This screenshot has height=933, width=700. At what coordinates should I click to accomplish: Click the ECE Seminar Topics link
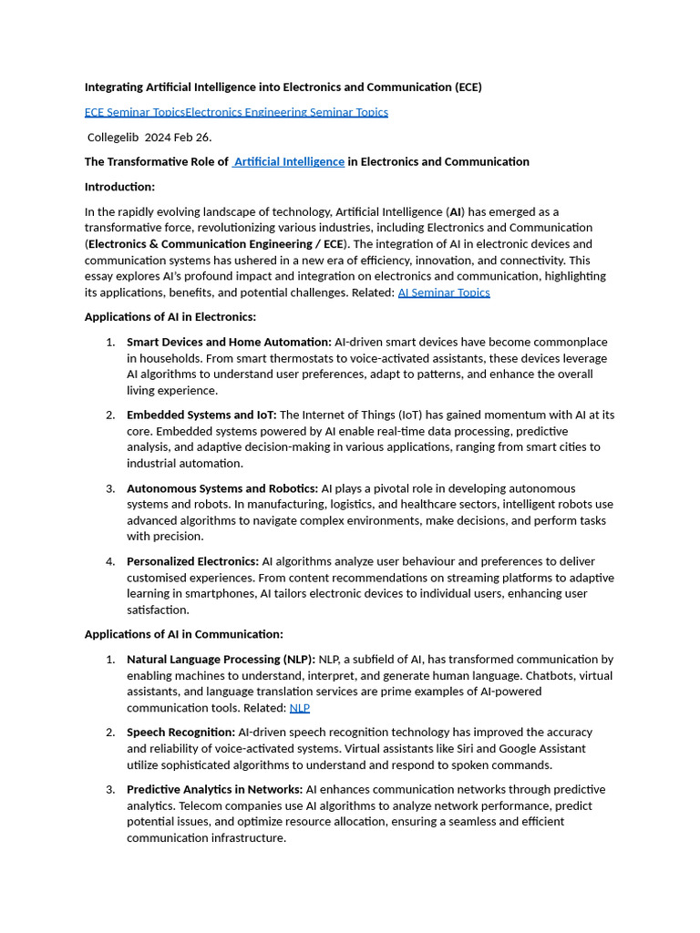click(135, 112)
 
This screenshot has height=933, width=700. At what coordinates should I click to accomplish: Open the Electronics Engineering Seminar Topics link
click(286, 112)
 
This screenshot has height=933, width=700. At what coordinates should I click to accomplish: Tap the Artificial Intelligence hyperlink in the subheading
click(289, 161)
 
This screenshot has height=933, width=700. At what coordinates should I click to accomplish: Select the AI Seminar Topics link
click(444, 292)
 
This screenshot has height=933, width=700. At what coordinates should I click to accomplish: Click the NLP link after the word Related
click(299, 708)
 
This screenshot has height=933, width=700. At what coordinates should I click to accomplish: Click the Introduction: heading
click(120, 187)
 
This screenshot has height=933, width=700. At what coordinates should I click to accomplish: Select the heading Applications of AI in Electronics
click(170, 317)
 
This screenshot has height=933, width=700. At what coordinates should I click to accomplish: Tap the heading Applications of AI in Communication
click(184, 634)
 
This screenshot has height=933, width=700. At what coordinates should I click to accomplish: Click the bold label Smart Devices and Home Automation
click(229, 342)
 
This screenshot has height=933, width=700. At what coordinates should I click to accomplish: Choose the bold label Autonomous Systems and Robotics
click(222, 488)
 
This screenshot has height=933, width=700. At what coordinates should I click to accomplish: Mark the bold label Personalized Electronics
click(192, 561)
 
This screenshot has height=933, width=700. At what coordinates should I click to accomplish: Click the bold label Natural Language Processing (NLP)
click(221, 659)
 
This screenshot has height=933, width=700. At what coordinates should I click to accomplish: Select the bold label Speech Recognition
click(180, 732)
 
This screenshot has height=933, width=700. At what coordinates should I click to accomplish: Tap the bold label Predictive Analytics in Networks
click(214, 789)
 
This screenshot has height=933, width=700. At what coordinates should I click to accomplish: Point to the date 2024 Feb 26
click(178, 137)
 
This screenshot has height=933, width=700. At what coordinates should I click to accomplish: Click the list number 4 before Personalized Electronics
click(110, 561)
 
